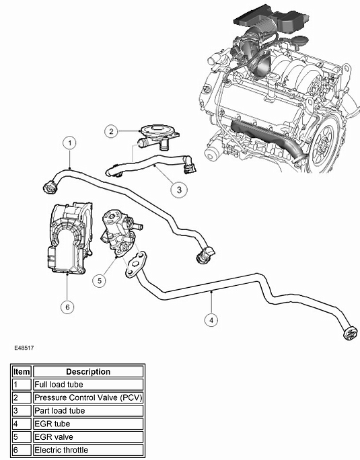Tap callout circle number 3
point(178,190)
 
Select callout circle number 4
point(212,319)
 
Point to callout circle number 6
point(67,307)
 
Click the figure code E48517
point(24,349)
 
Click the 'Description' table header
point(88,371)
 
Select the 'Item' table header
point(22,371)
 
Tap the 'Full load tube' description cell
point(88,385)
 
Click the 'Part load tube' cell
point(88,410)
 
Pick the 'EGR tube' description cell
point(88,424)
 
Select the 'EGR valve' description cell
point(88,436)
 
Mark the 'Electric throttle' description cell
point(88,450)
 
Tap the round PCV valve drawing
point(158,132)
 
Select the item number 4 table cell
point(22,424)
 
